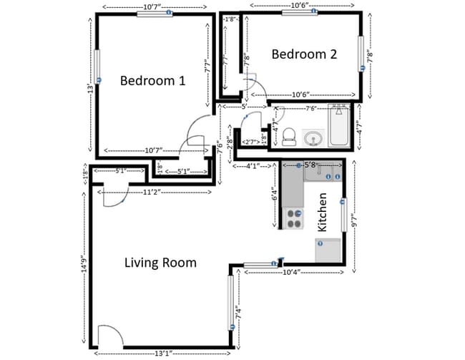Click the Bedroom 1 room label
(152, 80)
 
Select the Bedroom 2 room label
(304, 54)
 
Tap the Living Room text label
(160, 263)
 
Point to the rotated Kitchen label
(323, 212)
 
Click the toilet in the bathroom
(289, 135)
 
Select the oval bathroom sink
(313, 137)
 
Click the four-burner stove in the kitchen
(293, 218)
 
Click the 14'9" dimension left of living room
(84, 265)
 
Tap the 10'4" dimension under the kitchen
(293, 272)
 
